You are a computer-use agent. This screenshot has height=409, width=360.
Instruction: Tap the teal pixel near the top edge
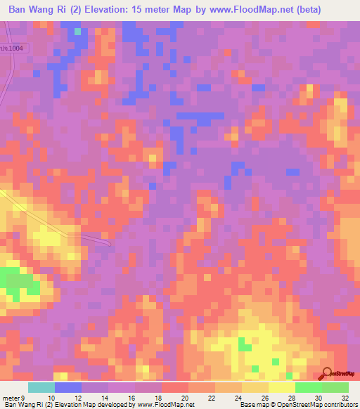pyautogui.click(x=77, y=31)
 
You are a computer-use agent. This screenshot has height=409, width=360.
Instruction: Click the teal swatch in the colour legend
pyautogui.click(x=41, y=387)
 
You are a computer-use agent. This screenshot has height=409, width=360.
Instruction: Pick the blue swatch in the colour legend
pyautogui.click(x=68, y=387)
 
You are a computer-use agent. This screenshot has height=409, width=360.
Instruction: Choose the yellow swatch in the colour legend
pyautogui.click(x=282, y=387)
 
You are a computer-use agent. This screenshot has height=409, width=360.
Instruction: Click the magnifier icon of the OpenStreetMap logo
pyautogui.click(x=328, y=374)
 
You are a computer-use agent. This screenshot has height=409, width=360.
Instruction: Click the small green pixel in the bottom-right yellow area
pyautogui.click(x=243, y=344)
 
